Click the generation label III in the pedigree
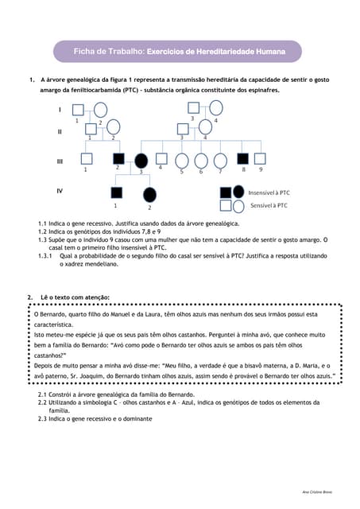(x=60, y=161)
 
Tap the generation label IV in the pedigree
(x=60, y=192)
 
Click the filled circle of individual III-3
(x=141, y=160)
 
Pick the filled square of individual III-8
(x=244, y=157)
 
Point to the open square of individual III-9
(x=261, y=157)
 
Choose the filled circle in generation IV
(x=149, y=194)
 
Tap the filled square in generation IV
(x=117, y=192)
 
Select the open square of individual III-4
(x=161, y=157)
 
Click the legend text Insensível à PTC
(x=269, y=192)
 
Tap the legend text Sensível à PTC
(x=269, y=206)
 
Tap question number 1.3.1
(x=46, y=256)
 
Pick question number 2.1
(x=44, y=394)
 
